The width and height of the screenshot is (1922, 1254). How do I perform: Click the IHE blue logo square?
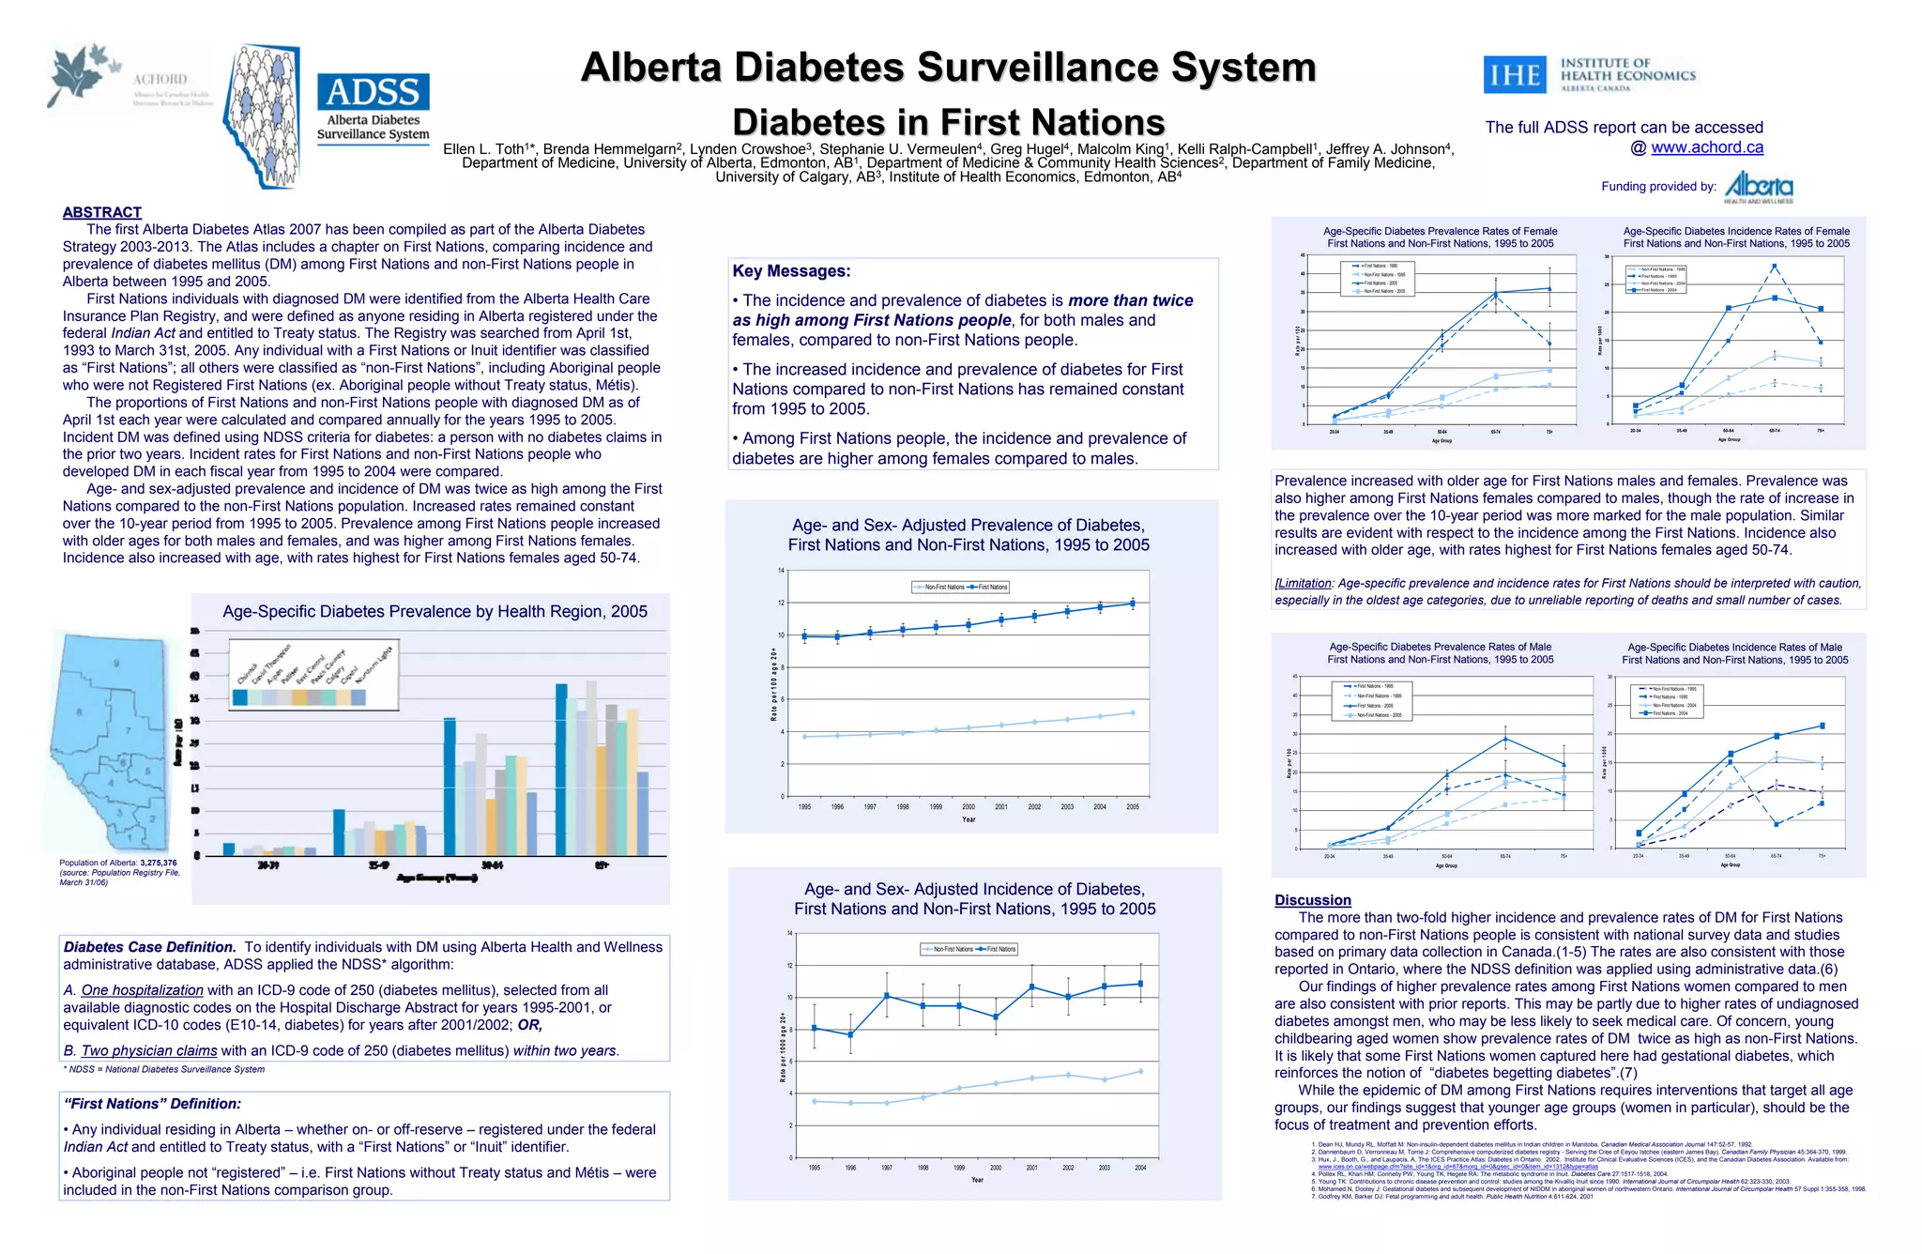[x=1515, y=75]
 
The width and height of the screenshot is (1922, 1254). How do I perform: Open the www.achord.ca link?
[x=1706, y=147]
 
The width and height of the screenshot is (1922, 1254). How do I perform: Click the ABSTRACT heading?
[x=102, y=212]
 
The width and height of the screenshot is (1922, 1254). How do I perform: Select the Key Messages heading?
[x=791, y=271]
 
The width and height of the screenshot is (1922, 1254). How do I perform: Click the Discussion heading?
[x=1312, y=900]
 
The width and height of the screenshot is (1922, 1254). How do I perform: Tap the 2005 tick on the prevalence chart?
[x=1133, y=807]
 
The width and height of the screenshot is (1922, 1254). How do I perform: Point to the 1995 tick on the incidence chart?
[x=815, y=1168]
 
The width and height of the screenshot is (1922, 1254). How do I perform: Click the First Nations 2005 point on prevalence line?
[x=1133, y=604]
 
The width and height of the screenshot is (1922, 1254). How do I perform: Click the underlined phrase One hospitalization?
[x=142, y=990]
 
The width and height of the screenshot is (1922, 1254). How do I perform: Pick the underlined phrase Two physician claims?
[x=149, y=1051]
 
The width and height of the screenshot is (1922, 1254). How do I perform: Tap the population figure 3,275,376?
[x=158, y=863]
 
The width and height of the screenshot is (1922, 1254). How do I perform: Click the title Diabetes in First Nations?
[x=948, y=122]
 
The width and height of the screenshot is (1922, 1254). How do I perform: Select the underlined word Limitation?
[x=1304, y=583]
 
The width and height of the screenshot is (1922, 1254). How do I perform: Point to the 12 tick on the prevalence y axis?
[x=781, y=604]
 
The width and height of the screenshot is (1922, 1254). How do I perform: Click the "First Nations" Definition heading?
[x=152, y=1104]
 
